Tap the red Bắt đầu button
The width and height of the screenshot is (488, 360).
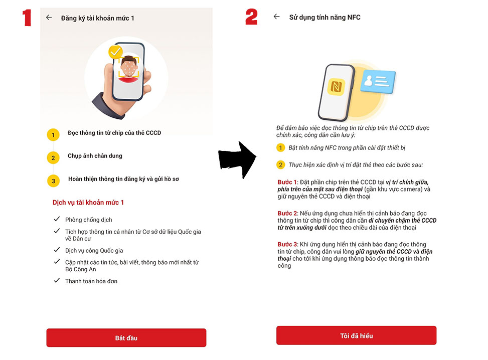pyautogui.click(x=126, y=337)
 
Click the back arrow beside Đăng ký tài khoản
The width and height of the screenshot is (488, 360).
pyautogui.click(x=49, y=18)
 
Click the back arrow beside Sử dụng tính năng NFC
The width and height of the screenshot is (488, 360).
pyautogui.click(x=276, y=17)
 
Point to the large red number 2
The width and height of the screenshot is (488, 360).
pyautogui.click(x=251, y=17)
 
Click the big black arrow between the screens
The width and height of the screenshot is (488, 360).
pyautogui.click(x=237, y=159)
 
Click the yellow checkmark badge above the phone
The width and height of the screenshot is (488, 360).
pyautogui.click(x=116, y=52)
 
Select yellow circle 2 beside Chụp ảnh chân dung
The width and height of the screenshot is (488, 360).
pyautogui.click(x=53, y=158)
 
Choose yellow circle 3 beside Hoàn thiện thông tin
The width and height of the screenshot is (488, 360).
pyautogui.click(x=53, y=181)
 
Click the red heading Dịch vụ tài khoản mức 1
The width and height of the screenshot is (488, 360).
pyautogui.click(x=88, y=203)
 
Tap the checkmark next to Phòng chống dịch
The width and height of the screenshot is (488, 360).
pyautogui.click(x=57, y=220)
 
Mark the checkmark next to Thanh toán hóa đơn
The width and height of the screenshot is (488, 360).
pyautogui.click(x=57, y=281)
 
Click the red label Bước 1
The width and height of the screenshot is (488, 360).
pyautogui.click(x=287, y=182)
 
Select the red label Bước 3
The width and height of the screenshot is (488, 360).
pyautogui.click(x=287, y=244)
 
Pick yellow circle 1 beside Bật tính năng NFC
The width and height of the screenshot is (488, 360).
pyautogui.click(x=281, y=148)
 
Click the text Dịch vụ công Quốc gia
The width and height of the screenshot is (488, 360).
pyautogui.click(x=94, y=250)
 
